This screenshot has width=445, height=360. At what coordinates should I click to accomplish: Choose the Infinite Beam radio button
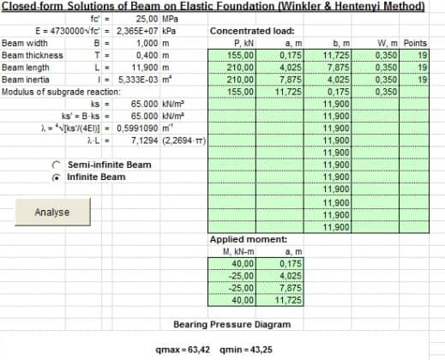(x=57, y=177)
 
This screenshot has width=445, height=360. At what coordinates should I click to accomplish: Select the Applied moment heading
(x=243, y=239)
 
